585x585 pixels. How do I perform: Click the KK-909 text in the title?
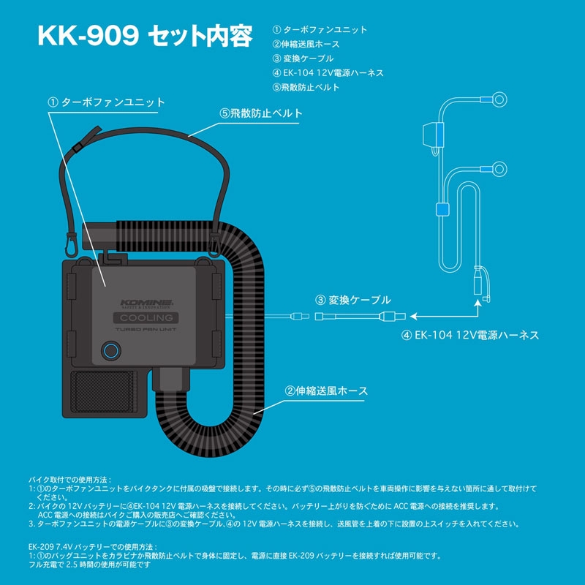(88, 36)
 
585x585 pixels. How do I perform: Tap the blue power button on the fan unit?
(111, 351)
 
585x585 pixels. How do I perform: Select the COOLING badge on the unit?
(146, 318)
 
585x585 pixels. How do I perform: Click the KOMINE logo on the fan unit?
(146, 303)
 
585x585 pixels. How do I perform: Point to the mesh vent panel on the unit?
(103, 392)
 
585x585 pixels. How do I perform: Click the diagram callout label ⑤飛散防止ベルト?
(261, 113)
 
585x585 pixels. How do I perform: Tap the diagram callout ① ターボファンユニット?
(106, 102)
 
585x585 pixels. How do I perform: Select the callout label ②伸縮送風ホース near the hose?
(326, 391)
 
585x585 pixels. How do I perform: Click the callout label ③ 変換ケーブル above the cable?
(353, 300)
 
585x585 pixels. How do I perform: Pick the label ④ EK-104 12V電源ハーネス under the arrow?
(470, 335)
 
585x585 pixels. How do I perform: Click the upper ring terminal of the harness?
(499, 99)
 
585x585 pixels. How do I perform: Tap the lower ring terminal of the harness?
(499, 170)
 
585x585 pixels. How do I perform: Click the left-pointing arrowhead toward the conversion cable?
(413, 317)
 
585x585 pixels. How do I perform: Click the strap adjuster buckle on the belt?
(78, 147)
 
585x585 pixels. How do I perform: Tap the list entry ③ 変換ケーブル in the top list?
(303, 58)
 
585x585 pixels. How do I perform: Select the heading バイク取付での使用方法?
(69, 480)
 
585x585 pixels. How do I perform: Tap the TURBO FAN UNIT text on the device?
(146, 330)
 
